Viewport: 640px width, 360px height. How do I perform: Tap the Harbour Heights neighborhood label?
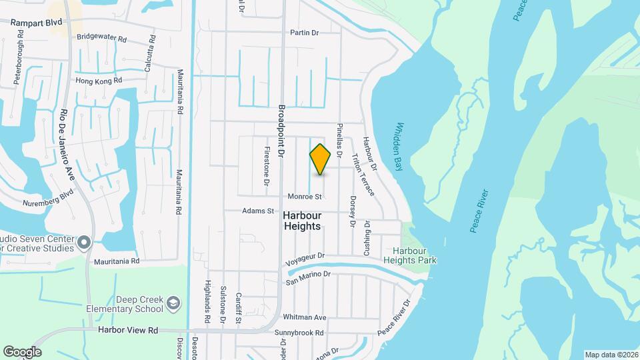click(x=302, y=221)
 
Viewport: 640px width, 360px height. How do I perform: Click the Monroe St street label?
click(x=305, y=197)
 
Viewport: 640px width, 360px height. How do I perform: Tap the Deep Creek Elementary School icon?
click(x=173, y=303)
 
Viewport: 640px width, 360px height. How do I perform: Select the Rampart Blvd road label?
click(x=36, y=22)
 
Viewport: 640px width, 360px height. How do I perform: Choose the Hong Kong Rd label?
click(x=99, y=81)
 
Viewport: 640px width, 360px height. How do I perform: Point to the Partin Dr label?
click(x=305, y=33)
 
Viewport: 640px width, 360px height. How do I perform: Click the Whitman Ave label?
click(x=304, y=317)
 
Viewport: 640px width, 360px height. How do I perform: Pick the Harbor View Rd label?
click(x=127, y=330)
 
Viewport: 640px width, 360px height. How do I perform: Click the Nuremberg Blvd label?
click(x=47, y=203)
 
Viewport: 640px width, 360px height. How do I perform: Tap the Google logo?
click(x=22, y=352)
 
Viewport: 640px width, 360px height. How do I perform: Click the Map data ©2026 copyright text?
click(x=611, y=355)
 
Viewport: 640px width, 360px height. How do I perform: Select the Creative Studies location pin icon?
click(x=84, y=241)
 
